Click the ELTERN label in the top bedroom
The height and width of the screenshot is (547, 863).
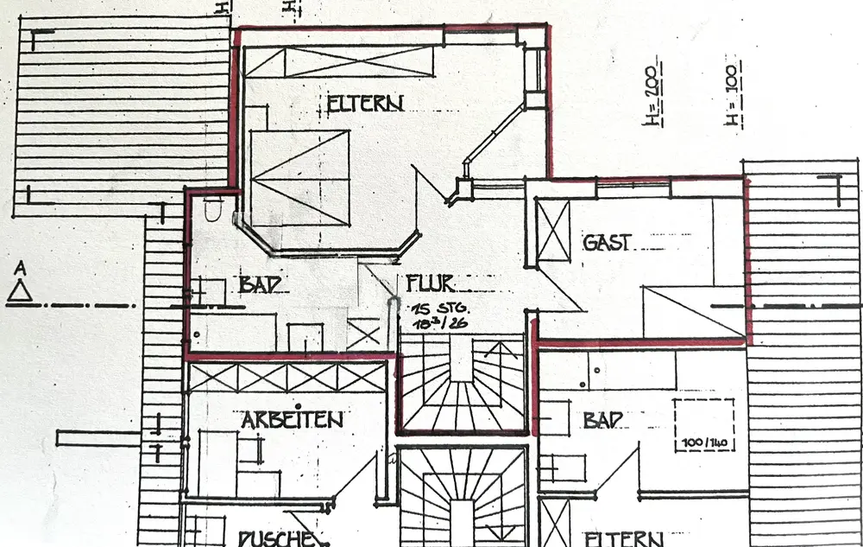pyautogui.click(x=366, y=105)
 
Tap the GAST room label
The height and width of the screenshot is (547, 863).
pyautogui.click(x=607, y=243)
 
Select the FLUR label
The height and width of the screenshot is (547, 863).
pyautogui.click(x=430, y=283)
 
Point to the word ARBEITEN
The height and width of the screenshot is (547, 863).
pyautogui.click(x=292, y=421)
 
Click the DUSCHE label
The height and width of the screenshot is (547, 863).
pyautogui.click(x=275, y=538)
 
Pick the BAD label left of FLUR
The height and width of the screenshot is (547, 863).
pyautogui.click(x=258, y=285)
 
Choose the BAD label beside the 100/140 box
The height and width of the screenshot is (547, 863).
pyautogui.click(x=604, y=421)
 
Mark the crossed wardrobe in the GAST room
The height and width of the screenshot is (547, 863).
pyautogui.click(x=552, y=230)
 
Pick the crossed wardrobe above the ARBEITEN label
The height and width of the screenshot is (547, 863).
pyautogui.click(x=287, y=378)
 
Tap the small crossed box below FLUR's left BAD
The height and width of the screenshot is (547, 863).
pyautogui.click(x=363, y=334)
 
